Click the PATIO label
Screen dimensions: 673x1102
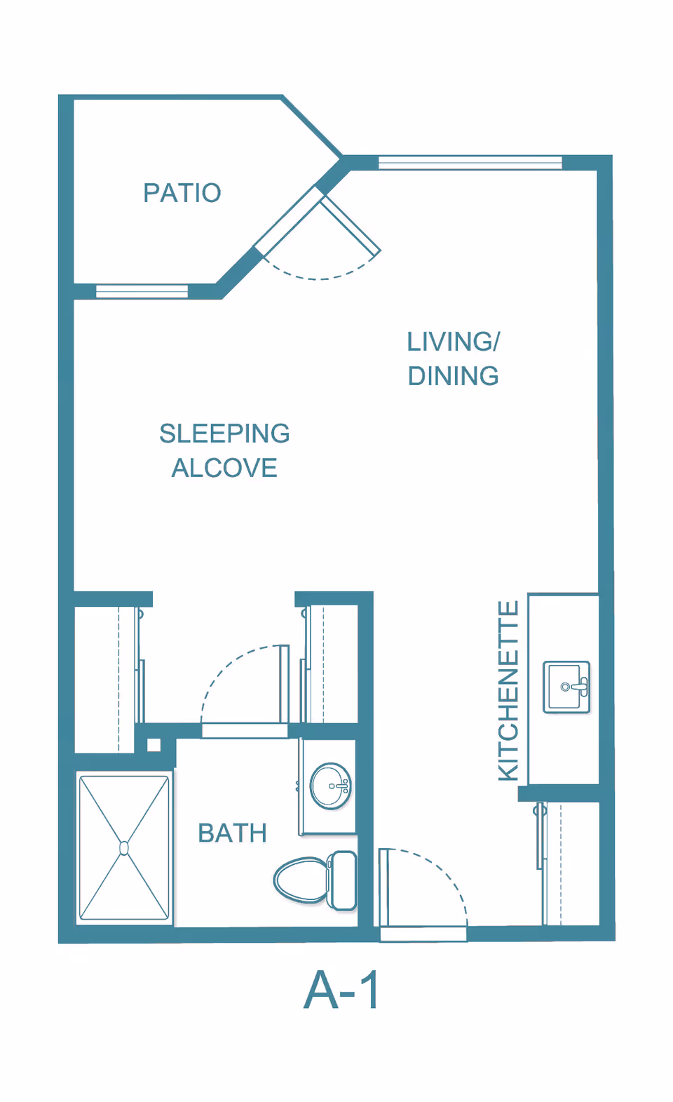click(182, 192)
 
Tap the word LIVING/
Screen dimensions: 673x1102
click(454, 342)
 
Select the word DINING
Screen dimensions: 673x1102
click(454, 376)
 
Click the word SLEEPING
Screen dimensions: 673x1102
click(224, 434)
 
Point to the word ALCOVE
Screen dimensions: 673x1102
click(224, 468)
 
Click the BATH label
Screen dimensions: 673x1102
click(233, 833)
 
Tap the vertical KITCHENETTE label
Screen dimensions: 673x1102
click(508, 690)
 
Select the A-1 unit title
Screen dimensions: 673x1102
click(341, 990)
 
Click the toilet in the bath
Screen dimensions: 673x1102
click(315, 880)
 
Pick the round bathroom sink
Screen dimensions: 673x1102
click(330, 786)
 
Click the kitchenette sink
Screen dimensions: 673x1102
click(566, 687)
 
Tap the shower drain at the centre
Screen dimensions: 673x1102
click(124, 848)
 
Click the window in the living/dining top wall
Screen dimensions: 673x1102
click(470, 162)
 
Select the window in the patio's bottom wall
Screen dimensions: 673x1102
click(142, 291)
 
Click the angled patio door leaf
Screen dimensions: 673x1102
click(351, 224)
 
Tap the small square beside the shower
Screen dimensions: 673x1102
click(154, 746)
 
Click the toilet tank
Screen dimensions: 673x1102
click(342, 880)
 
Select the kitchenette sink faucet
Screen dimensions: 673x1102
click(580, 686)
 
